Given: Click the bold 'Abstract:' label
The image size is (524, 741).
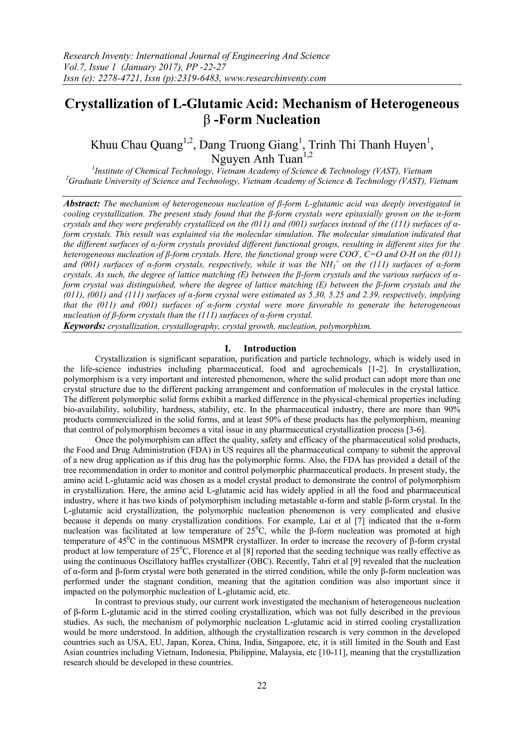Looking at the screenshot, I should tap(82, 204).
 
